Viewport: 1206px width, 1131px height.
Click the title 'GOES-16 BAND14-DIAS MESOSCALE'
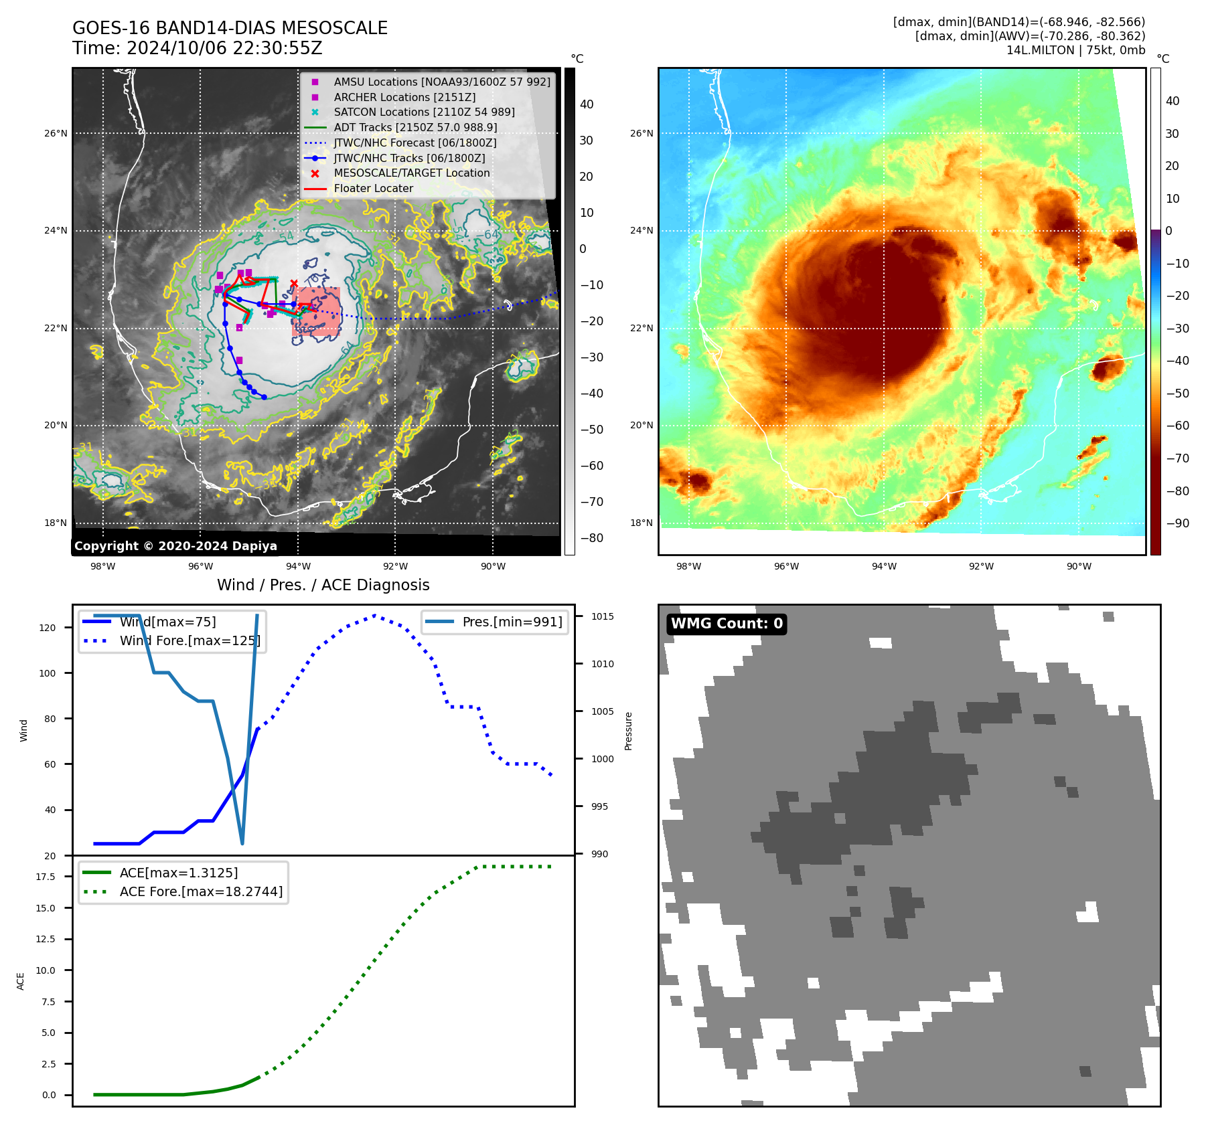pos(230,28)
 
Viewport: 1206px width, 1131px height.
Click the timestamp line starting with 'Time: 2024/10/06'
pos(198,48)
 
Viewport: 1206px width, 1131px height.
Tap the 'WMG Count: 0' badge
pos(727,624)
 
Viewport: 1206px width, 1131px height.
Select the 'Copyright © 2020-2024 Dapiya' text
pos(175,546)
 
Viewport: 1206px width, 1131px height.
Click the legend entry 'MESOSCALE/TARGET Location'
pos(411,173)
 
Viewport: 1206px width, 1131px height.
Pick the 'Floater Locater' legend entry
pos(373,188)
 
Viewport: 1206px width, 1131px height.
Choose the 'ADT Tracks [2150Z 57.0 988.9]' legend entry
pos(415,127)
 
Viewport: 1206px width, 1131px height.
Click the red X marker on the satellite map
pos(294,283)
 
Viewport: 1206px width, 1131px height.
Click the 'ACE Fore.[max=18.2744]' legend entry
pos(201,891)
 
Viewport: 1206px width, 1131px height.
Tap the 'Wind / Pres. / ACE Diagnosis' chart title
pos(323,585)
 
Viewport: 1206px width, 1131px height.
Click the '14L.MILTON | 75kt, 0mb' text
pos(1075,50)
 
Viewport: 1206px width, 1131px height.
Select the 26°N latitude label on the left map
pos(56,133)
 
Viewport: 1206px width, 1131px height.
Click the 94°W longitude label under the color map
pos(884,566)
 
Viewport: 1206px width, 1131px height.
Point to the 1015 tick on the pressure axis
pos(602,616)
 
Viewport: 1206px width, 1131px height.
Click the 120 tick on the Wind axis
pos(48,628)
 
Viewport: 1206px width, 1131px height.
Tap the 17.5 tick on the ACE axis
pos(46,877)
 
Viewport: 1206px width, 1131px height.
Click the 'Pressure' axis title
pos(628,731)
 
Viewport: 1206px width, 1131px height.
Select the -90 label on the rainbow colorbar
pos(1177,523)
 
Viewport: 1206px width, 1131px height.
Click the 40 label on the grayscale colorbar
pos(587,104)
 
